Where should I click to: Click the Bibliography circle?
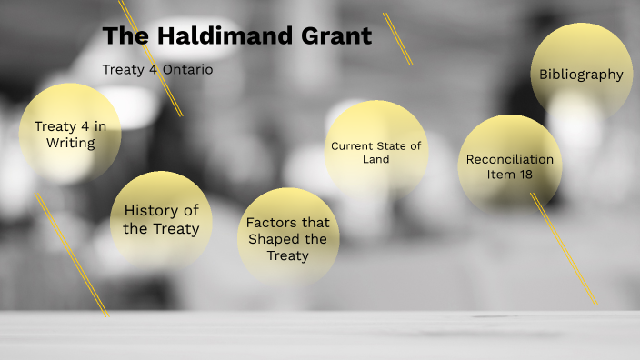(581, 75)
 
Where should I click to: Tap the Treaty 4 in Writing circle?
(70, 135)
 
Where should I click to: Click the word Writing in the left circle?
(70, 143)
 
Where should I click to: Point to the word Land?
(375, 159)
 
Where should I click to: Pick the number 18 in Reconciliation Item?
(525, 175)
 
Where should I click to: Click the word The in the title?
(121, 36)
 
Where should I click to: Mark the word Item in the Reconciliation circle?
(502, 175)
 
